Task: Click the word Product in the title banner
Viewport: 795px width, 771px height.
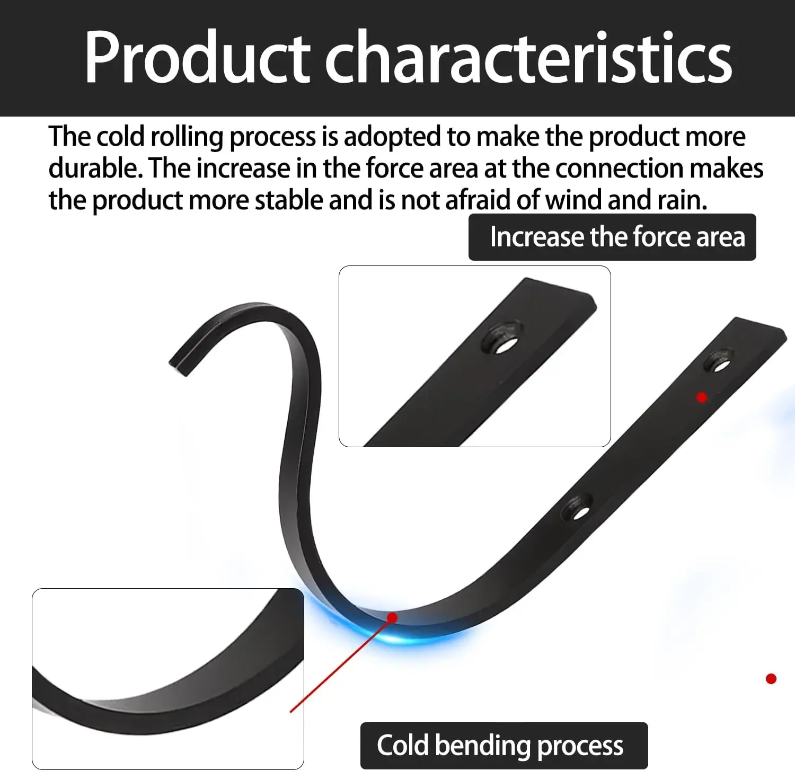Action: tap(196, 57)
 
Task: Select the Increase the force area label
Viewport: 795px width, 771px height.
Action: tap(612, 237)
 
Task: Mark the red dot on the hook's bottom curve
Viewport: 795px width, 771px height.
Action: tap(392, 617)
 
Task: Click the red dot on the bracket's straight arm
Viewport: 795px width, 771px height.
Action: tap(702, 397)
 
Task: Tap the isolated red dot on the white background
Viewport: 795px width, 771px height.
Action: tap(771, 679)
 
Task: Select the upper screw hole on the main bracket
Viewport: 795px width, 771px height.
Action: tap(719, 362)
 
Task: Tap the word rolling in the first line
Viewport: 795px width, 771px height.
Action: tap(187, 137)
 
